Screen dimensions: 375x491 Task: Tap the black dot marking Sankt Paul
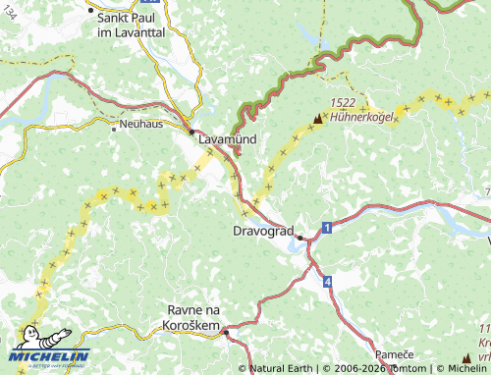pos(90,11)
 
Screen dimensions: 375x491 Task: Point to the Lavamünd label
pos(228,140)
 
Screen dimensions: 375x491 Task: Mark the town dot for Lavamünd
pos(191,131)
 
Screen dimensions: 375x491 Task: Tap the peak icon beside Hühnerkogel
pos(316,119)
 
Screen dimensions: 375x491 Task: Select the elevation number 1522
pos(343,102)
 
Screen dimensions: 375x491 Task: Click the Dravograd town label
pos(263,232)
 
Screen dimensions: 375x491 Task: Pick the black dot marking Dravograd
pos(300,237)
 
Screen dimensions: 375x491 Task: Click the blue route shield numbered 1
pos(326,227)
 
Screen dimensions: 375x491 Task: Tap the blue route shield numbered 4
pos(326,282)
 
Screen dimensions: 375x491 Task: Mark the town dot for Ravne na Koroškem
pos(225,333)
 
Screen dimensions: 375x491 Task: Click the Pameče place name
pos(393,352)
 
